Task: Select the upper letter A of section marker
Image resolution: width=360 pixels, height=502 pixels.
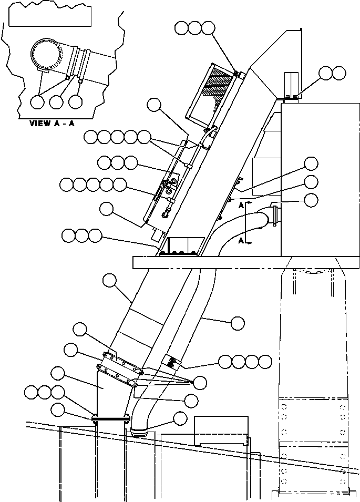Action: tap(240, 206)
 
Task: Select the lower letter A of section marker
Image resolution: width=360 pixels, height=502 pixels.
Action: tap(240, 240)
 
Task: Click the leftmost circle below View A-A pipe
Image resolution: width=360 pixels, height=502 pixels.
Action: tap(37, 101)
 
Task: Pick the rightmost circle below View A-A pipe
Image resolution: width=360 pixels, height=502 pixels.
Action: tap(76, 101)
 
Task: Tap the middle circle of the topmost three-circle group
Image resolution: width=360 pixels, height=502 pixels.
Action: tap(195, 28)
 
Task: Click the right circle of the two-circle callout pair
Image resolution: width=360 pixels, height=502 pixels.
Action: tap(338, 73)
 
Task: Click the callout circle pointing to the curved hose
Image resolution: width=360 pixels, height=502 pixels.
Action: tap(238, 322)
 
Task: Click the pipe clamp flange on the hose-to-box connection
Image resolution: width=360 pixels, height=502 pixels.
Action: tap(274, 216)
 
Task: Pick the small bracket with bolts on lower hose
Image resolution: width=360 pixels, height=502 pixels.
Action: tap(172, 362)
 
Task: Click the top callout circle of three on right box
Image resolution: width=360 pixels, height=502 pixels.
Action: tap(312, 163)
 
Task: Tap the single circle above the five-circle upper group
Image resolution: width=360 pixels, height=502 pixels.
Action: tap(153, 106)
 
